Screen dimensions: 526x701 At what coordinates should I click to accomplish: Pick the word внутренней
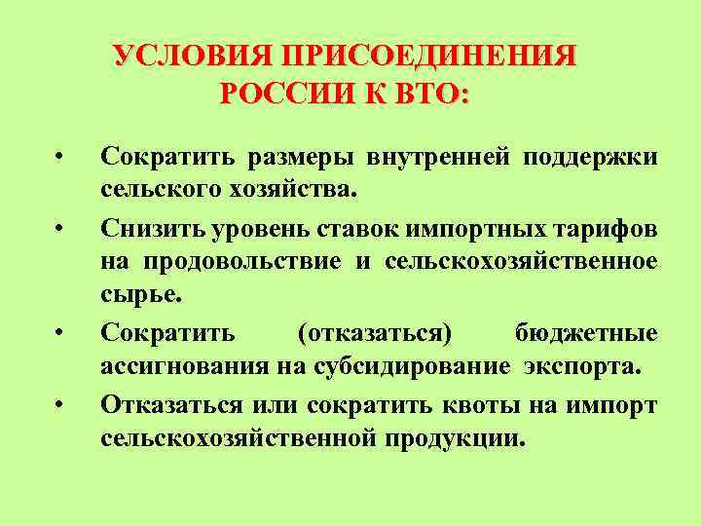click(x=439, y=158)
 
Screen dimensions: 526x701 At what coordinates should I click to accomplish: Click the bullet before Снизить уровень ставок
click(x=60, y=230)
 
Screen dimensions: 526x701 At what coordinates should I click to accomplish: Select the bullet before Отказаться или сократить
click(x=60, y=404)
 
